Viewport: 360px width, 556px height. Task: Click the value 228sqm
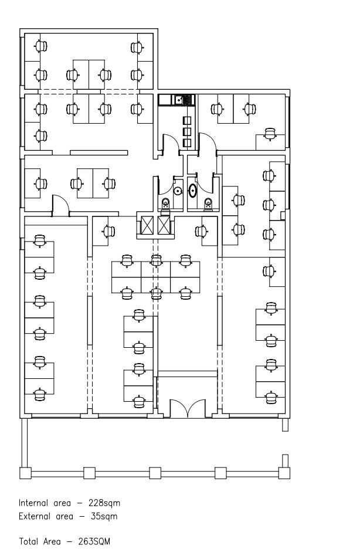104,503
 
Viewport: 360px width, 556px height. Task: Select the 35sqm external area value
104,516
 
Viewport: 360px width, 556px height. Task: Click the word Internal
33,503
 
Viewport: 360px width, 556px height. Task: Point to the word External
35,516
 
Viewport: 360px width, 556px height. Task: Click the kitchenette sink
179,100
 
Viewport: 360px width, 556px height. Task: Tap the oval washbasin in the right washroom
192,191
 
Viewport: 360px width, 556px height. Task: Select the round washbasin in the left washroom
178,191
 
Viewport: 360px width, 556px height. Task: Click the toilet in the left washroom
165,205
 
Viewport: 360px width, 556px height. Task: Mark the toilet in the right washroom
208,204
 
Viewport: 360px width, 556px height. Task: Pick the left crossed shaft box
147,226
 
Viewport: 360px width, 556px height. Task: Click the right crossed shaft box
164,226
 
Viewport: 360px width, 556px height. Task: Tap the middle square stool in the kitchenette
186,132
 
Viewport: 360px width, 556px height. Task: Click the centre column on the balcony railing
155,473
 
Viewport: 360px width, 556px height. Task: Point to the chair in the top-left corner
41,46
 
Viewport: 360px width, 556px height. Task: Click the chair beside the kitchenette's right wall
217,109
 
